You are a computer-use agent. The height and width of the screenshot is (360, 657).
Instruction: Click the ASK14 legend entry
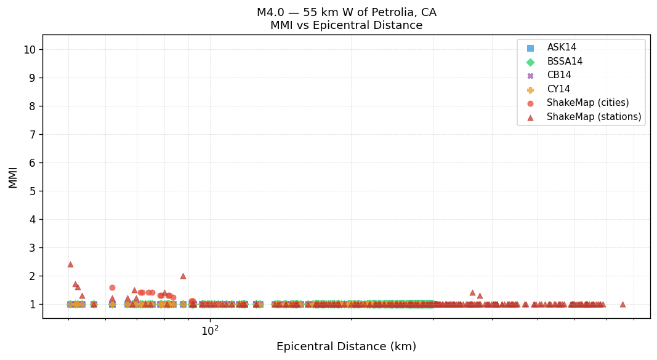pyautogui.click(x=561, y=48)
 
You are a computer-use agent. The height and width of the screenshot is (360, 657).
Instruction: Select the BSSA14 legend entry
pyautogui.click(x=564, y=62)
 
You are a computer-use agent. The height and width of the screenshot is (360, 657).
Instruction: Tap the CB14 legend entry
pyautogui.click(x=558, y=76)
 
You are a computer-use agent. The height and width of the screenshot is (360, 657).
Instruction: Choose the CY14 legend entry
pyautogui.click(x=558, y=89)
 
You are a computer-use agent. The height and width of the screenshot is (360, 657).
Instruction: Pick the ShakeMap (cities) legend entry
pyautogui.click(x=587, y=103)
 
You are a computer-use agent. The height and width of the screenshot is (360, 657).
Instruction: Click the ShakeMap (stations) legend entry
pyautogui.click(x=594, y=117)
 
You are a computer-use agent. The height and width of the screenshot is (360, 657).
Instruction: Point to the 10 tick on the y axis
pyautogui.click(x=30, y=50)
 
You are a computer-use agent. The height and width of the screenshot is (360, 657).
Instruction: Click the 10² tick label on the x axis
pyautogui.click(x=210, y=330)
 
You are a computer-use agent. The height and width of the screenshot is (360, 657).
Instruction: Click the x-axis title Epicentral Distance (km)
pyautogui.click(x=346, y=347)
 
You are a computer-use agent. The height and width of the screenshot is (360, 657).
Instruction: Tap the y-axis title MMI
pyautogui.click(x=13, y=177)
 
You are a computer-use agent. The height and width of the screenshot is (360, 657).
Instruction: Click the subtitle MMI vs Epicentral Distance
pyautogui.click(x=346, y=26)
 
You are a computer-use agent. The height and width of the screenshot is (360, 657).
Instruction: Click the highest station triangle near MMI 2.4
pyautogui.click(x=70, y=264)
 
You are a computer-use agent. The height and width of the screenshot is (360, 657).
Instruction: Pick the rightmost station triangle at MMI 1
pyautogui.click(x=623, y=304)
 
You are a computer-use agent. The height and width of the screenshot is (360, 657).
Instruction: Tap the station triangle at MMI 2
pyautogui.click(x=183, y=276)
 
